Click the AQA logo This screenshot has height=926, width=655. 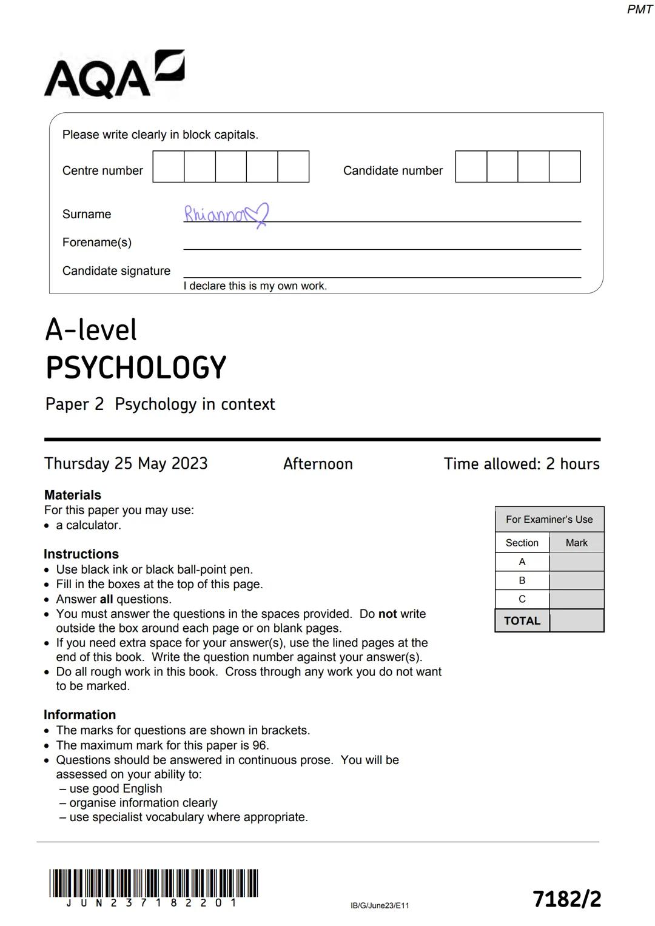click(114, 75)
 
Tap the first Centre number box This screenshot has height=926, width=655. click(169, 167)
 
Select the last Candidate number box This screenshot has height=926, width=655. click(565, 167)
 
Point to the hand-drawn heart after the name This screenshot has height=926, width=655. click(258, 214)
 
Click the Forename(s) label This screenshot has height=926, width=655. click(97, 243)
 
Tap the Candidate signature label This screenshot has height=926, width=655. click(116, 271)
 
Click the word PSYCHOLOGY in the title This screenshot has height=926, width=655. click(136, 368)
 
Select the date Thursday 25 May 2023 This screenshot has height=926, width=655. click(126, 464)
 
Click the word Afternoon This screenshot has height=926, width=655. click(318, 465)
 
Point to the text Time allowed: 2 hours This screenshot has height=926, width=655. click(522, 464)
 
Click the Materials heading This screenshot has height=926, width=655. click(73, 495)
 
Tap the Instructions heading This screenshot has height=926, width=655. click(81, 554)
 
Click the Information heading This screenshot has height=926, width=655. click(79, 715)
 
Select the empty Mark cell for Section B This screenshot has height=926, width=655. click(576, 581)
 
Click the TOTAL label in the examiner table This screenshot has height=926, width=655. click(522, 621)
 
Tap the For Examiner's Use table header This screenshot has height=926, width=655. click(549, 520)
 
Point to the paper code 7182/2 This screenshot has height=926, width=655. click(566, 899)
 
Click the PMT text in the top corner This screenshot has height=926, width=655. click(639, 9)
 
